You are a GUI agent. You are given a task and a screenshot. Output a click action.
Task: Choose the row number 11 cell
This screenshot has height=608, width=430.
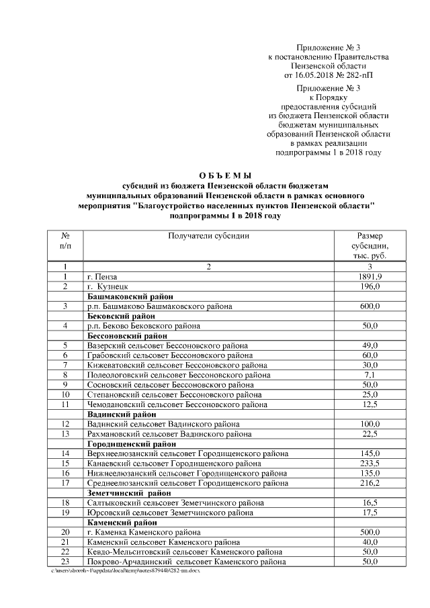point(66,404)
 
